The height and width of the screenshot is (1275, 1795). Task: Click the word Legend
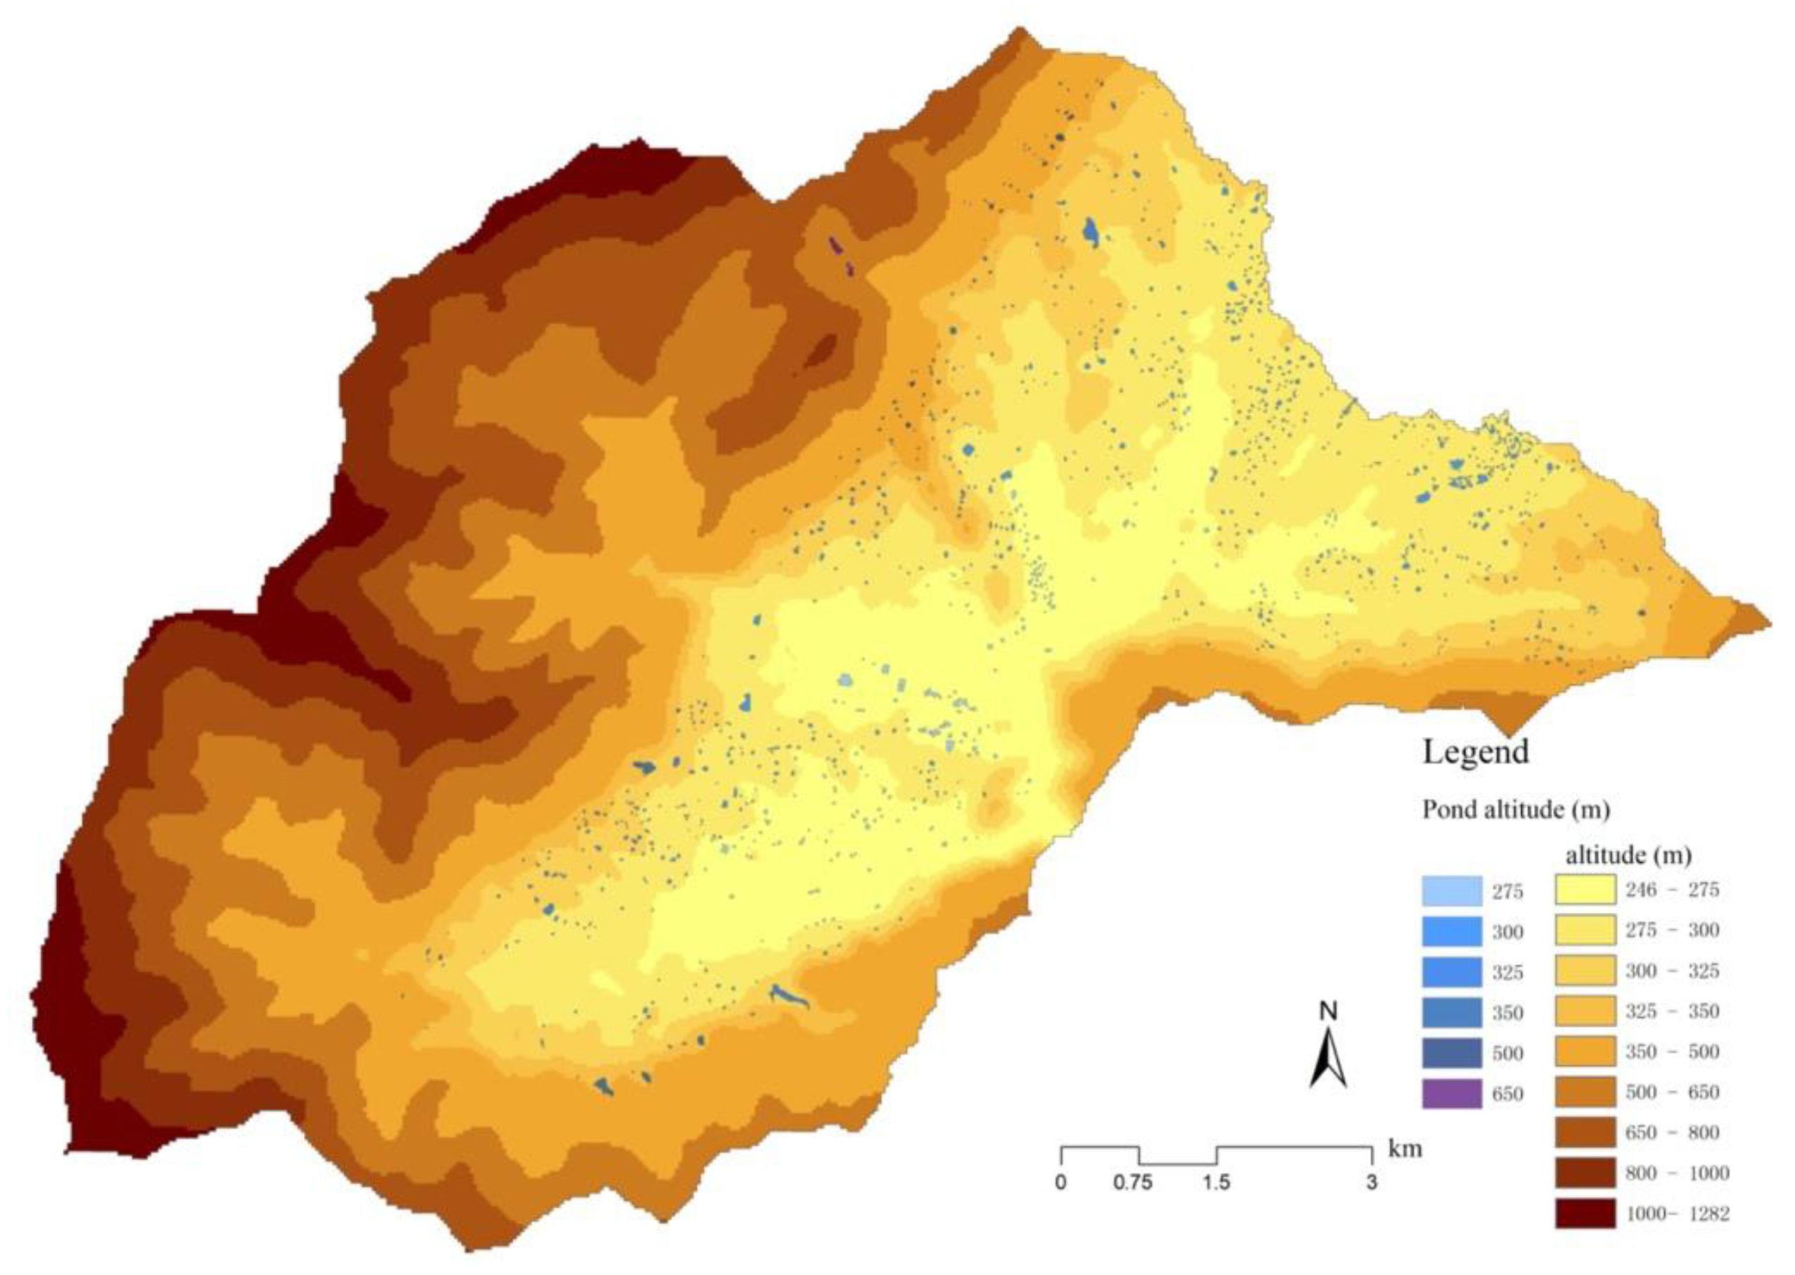[1476, 752]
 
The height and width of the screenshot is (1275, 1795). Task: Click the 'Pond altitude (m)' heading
[1516, 809]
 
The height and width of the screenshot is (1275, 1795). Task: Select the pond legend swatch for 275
[1452, 891]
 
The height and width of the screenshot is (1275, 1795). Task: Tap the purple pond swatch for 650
[1452, 1094]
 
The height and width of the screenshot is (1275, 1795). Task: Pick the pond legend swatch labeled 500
[1452, 1053]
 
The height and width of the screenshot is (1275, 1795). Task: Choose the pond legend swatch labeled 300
[1452, 932]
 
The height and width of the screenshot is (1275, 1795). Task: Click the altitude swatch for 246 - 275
[1585, 890]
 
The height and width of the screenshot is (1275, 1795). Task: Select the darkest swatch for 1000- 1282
[1585, 1214]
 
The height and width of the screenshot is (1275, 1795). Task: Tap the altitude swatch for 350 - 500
[1585, 1051]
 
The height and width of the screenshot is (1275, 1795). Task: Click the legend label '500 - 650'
[1672, 1092]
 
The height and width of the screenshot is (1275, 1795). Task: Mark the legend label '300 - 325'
[1672, 971]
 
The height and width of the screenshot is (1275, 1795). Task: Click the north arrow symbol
[1328, 1061]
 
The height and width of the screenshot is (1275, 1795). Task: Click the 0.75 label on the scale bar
[1133, 1182]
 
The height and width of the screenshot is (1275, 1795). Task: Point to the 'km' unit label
[1405, 1149]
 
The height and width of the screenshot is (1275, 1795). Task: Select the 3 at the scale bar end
[1371, 1182]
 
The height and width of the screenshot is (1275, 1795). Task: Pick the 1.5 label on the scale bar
[1215, 1182]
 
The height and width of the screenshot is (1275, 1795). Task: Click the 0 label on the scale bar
[1061, 1182]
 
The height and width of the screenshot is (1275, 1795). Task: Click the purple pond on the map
[837, 247]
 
